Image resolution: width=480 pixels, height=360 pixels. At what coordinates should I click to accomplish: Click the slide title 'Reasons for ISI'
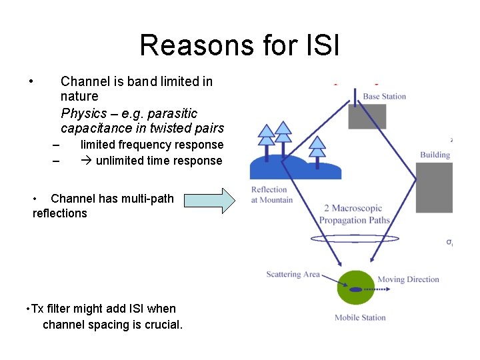239,45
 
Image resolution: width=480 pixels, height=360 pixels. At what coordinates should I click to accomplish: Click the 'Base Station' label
384,97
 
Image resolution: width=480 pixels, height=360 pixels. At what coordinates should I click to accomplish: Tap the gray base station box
367,117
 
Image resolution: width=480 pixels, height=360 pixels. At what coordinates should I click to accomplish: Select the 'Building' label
435,155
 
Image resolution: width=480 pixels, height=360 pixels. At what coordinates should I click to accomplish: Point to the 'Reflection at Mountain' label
271,195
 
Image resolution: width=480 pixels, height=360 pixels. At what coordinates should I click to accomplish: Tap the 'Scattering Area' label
293,274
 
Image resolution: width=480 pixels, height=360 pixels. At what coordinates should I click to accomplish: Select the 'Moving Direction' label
408,279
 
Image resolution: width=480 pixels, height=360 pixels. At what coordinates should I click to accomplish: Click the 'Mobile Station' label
360,317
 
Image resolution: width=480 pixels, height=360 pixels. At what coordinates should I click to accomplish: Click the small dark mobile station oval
355,289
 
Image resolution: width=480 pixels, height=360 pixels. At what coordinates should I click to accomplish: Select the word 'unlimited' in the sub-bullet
120,160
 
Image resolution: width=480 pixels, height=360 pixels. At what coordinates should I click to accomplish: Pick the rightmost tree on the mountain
318,148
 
